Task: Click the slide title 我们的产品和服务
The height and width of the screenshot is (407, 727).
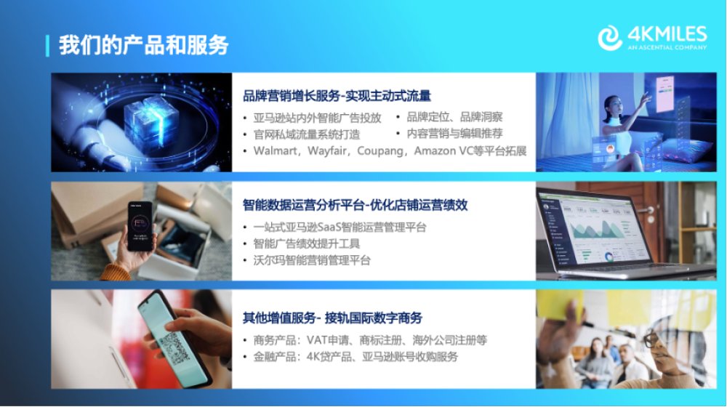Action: point(144,46)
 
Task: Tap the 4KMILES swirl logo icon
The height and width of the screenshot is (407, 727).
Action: point(610,38)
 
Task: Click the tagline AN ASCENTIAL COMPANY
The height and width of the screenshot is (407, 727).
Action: point(667,47)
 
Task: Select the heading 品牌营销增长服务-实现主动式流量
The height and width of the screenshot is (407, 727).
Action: point(337,96)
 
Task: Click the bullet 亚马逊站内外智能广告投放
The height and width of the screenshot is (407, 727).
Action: point(317,118)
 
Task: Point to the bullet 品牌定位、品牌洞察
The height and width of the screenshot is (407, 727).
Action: point(454,117)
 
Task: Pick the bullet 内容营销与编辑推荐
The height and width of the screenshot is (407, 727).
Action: point(454,134)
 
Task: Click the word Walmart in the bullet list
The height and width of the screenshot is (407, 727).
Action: point(276,151)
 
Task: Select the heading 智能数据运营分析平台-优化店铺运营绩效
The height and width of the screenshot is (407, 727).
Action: point(356,205)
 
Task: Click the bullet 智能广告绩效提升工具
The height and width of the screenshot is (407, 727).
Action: point(307,243)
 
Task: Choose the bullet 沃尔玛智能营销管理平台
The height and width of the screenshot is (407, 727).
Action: point(312,260)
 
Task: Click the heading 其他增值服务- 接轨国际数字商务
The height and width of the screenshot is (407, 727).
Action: point(332,318)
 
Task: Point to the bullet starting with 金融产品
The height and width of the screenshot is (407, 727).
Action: point(356,357)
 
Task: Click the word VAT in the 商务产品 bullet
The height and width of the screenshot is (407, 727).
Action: point(317,340)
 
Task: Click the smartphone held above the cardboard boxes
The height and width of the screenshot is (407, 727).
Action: point(140,226)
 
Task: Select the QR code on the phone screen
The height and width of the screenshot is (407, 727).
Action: point(174,348)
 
